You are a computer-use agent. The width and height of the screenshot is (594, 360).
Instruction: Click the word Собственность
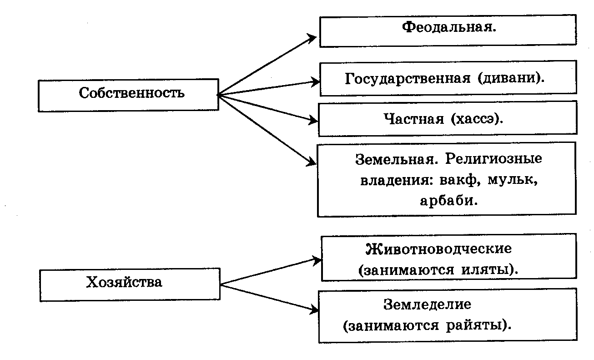(131, 93)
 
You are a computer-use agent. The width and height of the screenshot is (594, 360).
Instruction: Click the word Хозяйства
(124, 282)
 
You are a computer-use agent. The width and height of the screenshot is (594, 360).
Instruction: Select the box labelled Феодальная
(448, 31)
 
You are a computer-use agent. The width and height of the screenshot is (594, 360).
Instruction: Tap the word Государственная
(408, 79)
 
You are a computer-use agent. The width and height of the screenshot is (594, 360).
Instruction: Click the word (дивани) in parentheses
(511, 78)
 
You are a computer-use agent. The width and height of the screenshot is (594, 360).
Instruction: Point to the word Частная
(414, 119)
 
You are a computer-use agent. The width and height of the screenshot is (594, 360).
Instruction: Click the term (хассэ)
(477, 119)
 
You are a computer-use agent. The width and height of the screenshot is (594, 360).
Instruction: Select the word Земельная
(397, 159)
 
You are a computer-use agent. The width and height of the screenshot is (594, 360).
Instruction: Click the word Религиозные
(494, 159)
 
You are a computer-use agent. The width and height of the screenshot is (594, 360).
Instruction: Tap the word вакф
(460, 180)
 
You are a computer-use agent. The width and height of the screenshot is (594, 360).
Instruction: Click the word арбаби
(448, 201)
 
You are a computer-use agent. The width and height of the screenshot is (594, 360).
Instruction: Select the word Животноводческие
(438, 249)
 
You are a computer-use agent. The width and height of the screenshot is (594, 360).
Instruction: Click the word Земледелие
(427, 304)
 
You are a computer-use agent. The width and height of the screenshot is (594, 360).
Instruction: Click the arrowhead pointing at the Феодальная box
(311, 38)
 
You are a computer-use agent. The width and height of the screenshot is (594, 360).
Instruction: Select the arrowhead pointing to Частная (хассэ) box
(312, 121)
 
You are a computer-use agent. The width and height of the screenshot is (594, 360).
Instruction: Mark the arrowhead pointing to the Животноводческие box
(317, 260)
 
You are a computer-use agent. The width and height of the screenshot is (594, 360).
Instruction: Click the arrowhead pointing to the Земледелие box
(314, 309)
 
